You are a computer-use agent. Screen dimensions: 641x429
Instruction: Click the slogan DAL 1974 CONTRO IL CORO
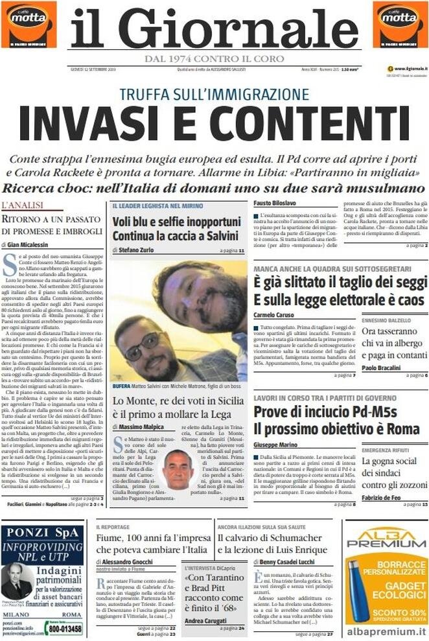pyautogui.click(x=214, y=59)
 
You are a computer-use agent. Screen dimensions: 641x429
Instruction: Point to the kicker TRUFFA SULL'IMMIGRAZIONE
pyautogui.click(x=214, y=94)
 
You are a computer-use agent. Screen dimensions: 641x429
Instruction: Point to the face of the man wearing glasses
pyautogui.click(x=146, y=345)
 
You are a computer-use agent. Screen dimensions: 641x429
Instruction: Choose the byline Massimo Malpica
pyautogui.click(x=139, y=427)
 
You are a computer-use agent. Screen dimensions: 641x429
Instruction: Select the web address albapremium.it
pyautogui.click(x=386, y=630)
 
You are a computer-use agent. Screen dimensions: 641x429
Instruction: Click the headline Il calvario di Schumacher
pyautogui.click(x=270, y=538)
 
